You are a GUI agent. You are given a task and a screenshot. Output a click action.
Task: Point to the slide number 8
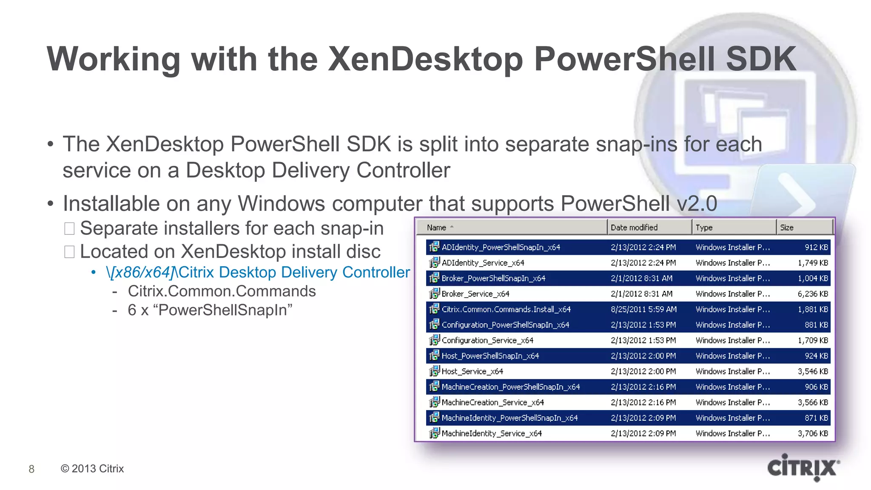(x=31, y=469)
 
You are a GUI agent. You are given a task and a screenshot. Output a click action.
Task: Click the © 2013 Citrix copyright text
(x=92, y=469)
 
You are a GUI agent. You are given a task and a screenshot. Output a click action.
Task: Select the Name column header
(x=437, y=228)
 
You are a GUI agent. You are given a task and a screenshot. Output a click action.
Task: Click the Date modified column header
(x=634, y=228)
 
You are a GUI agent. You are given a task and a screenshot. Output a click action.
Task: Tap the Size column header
(x=787, y=228)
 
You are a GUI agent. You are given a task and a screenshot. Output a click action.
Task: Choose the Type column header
(x=704, y=228)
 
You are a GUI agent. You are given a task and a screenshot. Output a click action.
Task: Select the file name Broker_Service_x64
(x=475, y=294)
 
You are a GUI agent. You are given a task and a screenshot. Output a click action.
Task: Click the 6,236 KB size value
(x=813, y=294)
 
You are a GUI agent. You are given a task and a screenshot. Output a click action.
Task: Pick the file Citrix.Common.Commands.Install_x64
(x=506, y=309)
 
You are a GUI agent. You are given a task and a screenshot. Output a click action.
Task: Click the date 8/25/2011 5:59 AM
(x=643, y=309)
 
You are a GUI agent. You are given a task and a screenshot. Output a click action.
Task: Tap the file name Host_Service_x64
(x=472, y=371)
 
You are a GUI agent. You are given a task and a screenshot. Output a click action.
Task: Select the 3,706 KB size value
(x=813, y=433)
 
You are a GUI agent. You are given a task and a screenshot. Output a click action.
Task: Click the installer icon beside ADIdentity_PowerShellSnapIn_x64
(x=434, y=247)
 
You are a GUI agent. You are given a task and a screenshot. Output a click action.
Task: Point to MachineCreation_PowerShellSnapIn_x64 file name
(x=510, y=387)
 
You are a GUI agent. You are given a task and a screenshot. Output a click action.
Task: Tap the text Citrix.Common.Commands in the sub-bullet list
(x=222, y=291)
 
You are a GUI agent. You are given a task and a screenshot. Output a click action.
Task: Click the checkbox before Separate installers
(x=69, y=229)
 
